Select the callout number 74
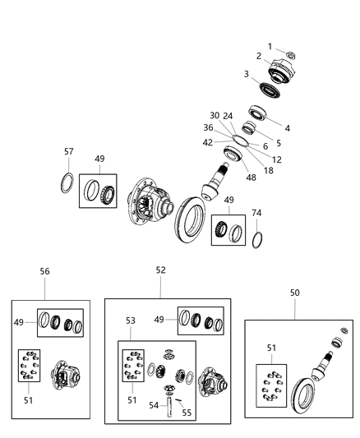click(256, 213)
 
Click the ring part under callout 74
click(257, 240)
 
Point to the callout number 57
click(69, 152)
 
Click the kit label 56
click(44, 270)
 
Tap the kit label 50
click(294, 292)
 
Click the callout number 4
click(287, 128)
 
